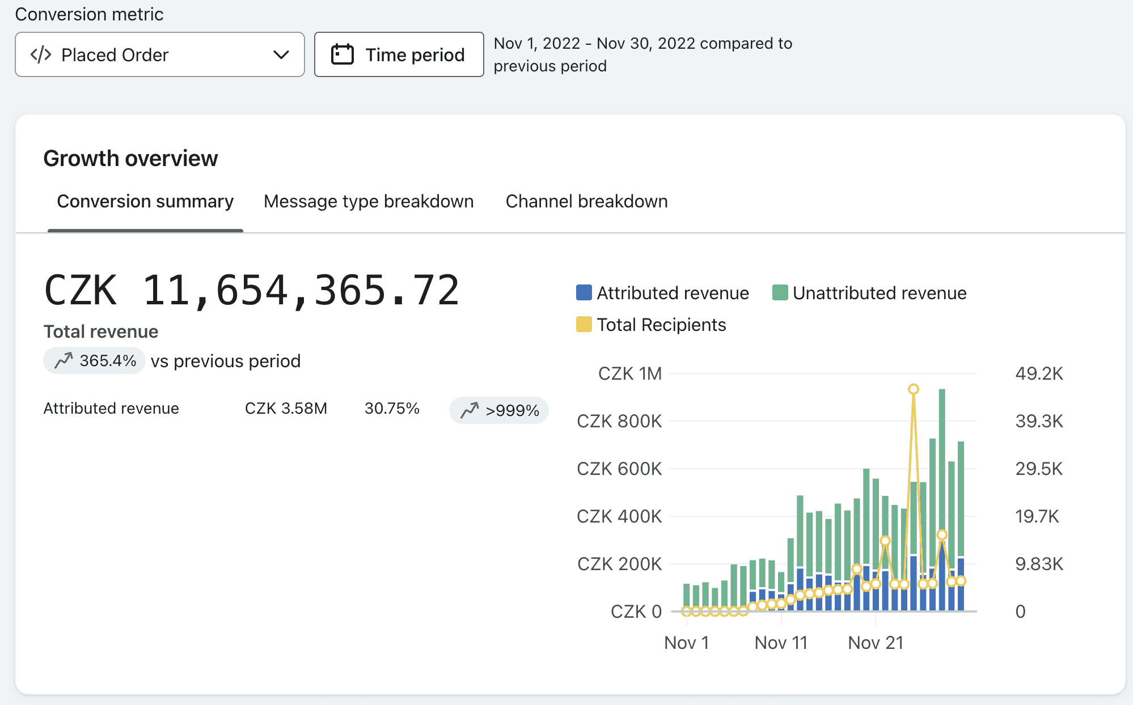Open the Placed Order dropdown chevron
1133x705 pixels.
point(281,55)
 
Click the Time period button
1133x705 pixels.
point(399,54)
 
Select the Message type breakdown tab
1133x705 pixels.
point(369,201)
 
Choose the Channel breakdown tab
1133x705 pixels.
point(586,201)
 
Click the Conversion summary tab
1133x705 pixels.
point(145,201)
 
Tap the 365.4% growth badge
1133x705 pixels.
point(94,360)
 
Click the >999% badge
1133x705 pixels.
point(499,410)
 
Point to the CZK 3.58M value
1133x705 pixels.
point(286,409)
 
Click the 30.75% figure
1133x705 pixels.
point(392,409)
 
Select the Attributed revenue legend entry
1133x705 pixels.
point(662,293)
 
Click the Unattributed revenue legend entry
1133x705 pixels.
point(869,293)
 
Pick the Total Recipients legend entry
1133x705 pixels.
point(651,325)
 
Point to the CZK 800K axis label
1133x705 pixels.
point(619,421)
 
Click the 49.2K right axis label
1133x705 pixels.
point(1039,373)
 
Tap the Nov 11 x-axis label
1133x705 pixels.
point(781,643)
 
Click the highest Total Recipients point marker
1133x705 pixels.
point(914,389)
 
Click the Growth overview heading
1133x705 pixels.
point(130,159)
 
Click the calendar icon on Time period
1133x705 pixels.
point(342,54)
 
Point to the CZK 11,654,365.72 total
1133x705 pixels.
point(251,291)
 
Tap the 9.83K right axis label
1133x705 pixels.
point(1039,564)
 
